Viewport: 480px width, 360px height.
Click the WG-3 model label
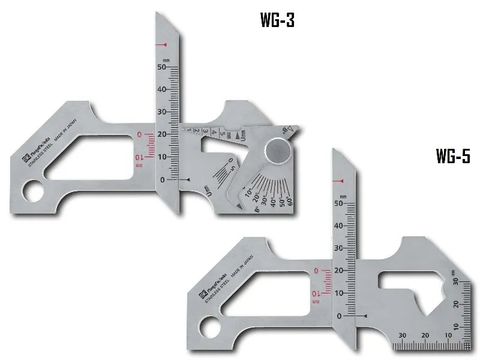pyautogui.click(x=278, y=20)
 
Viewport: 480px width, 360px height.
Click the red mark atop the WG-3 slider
pyautogui.click(x=161, y=46)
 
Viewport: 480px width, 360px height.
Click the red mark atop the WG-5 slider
pyautogui.click(x=340, y=181)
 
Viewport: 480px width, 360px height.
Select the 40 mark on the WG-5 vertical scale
pyautogui.click(x=340, y=226)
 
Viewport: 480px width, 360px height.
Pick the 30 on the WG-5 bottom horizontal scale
pyautogui.click(x=402, y=335)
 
